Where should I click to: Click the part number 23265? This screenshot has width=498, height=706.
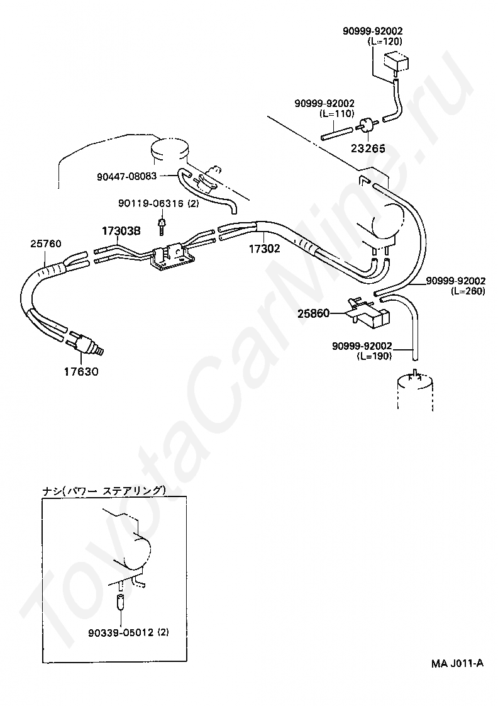(368, 149)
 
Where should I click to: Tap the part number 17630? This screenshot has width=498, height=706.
(80, 371)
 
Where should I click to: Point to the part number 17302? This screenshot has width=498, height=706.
(263, 249)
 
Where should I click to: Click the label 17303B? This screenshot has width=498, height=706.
(121, 231)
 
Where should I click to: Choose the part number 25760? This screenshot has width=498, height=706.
(46, 242)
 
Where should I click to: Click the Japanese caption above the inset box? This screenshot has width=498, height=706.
(104, 490)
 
